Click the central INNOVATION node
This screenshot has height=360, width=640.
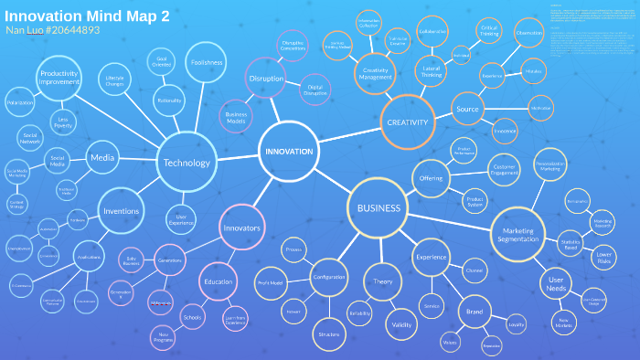coord(290,152)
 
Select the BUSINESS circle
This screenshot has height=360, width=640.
coord(379,208)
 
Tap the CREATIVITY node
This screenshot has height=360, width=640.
coord(407,122)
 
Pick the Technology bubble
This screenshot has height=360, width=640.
coord(187,163)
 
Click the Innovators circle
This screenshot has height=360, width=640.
coord(242,228)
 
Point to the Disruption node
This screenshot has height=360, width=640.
coord(265,79)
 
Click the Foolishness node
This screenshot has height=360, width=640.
coord(208,62)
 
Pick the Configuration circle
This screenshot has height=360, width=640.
coord(328,277)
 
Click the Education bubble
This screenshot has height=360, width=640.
coord(218,281)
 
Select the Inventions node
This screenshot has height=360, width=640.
coord(123,211)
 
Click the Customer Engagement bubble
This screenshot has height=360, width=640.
coord(505,169)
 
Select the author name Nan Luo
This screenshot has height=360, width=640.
coord(25,31)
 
